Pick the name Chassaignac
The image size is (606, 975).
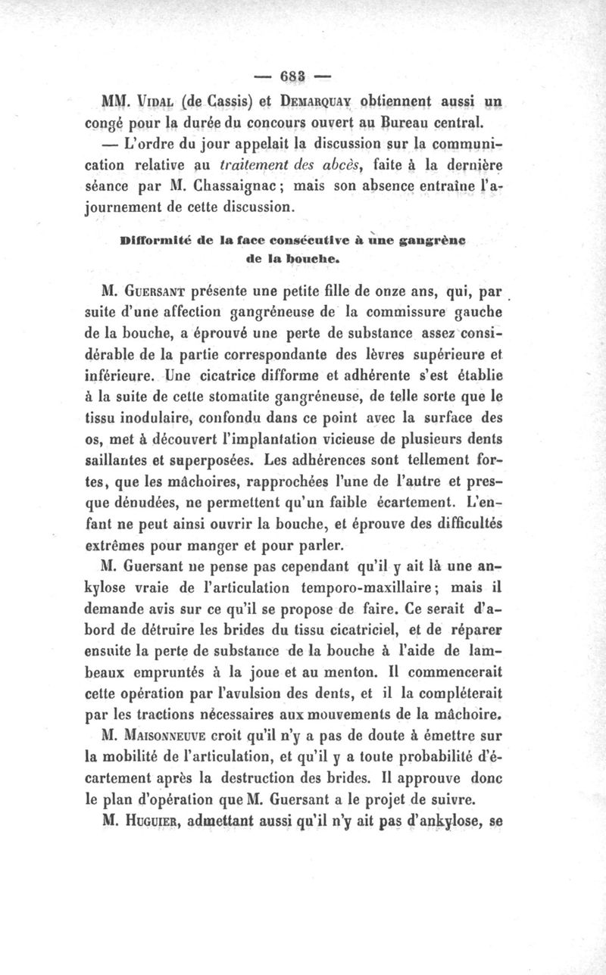point(233,185)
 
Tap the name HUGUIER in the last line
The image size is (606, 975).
point(149,816)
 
